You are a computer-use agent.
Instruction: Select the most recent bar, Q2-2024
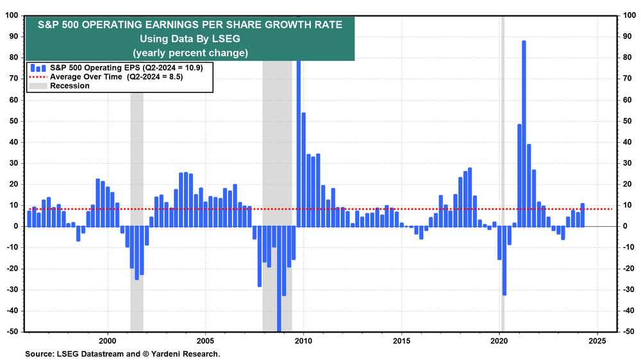coord(582,215)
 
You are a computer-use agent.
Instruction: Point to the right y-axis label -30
coord(628,290)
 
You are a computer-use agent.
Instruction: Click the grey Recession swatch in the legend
coord(38,85)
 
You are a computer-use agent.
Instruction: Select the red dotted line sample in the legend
coord(38,76)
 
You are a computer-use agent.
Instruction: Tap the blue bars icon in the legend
coord(38,67)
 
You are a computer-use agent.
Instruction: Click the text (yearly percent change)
coord(190,53)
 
